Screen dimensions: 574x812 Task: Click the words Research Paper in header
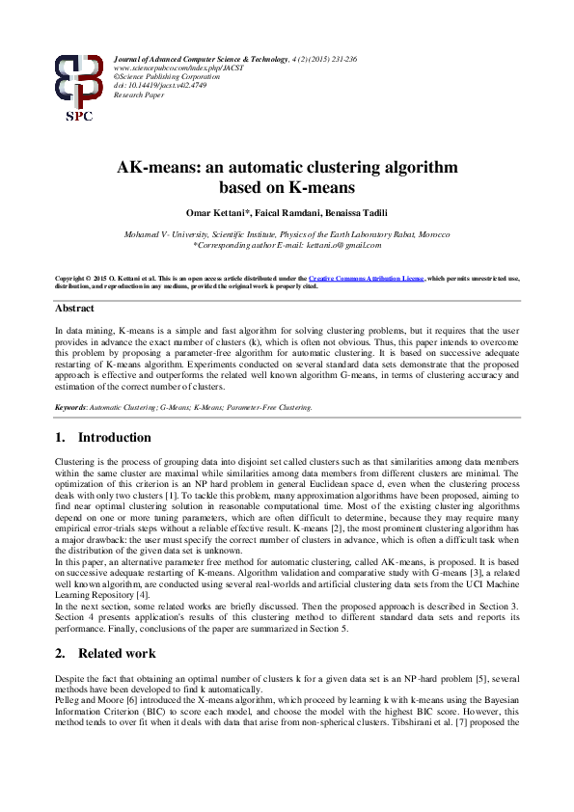(x=139, y=97)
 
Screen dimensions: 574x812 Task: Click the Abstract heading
(x=74, y=309)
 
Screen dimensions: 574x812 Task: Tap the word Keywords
(x=70, y=408)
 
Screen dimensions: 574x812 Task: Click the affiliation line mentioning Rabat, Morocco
(x=287, y=234)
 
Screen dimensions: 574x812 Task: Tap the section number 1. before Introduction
(x=60, y=438)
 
